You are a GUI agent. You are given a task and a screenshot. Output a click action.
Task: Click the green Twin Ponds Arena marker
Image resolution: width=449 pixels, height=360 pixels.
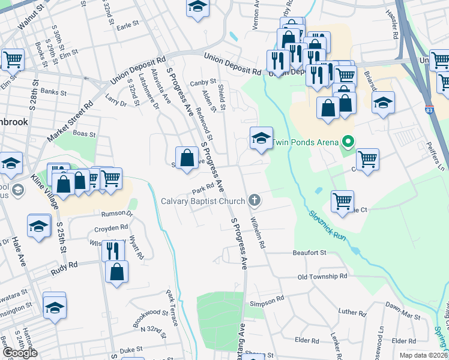pos(347,143)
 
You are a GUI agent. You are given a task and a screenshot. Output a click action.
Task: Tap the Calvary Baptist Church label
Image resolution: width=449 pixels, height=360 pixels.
pos(203,200)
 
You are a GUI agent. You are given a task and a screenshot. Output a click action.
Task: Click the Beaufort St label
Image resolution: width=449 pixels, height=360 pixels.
pos(309,253)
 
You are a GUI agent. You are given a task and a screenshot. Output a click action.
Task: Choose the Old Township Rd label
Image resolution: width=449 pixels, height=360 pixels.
pos(323,277)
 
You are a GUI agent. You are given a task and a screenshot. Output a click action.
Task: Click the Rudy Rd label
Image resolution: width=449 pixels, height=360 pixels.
pos(65,264)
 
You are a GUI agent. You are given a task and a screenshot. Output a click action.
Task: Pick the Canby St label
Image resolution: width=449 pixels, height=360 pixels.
pos(203,82)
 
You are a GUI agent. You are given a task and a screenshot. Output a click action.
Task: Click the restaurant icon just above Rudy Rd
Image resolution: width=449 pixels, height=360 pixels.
pos(112,250)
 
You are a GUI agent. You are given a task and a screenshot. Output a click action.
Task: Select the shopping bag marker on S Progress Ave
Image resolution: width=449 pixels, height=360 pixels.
pos(187,158)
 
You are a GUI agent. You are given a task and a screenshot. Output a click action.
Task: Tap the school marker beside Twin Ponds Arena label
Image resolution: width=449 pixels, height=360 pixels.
pos(261,139)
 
